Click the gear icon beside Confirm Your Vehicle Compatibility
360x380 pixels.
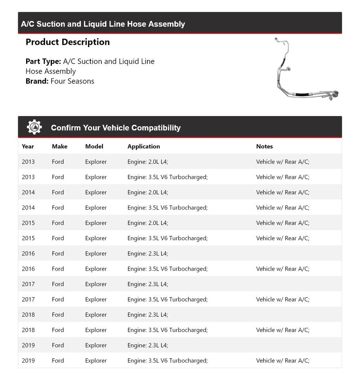(x=34, y=127)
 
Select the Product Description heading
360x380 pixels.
(x=68, y=42)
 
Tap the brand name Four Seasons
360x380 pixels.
(x=72, y=81)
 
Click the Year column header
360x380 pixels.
(x=28, y=146)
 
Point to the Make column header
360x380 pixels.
(x=59, y=146)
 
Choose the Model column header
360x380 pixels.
(x=94, y=146)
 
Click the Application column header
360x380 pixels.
(x=144, y=146)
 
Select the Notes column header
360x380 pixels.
(x=265, y=146)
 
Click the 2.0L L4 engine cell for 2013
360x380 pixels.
(x=148, y=161)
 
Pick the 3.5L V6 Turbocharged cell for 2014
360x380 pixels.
(x=168, y=207)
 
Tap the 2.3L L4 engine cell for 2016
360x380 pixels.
(x=148, y=253)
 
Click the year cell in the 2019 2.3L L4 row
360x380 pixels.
(x=28, y=345)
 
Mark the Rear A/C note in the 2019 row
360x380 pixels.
(x=283, y=361)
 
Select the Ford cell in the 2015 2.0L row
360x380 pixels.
(x=58, y=223)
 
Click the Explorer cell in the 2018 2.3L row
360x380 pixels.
(x=96, y=315)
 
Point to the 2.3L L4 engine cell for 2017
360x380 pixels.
(x=148, y=284)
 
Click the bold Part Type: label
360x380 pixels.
(x=43, y=61)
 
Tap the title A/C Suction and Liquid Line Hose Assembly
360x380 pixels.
(x=103, y=24)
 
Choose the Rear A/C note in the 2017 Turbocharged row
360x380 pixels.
(x=283, y=299)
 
